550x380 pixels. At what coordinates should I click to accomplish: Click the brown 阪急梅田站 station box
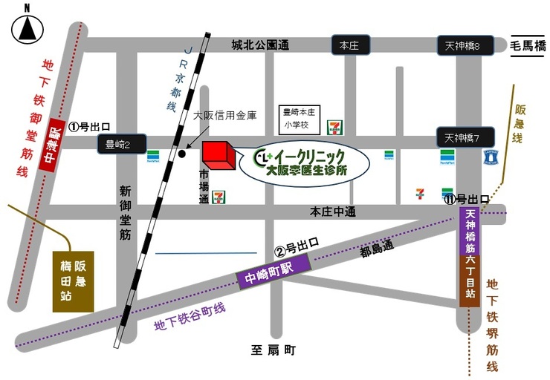pyautogui.click(x=73, y=281)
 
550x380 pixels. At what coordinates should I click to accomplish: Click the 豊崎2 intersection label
pyautogui.click(x=118, y=145)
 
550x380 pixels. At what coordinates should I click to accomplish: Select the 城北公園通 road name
pyautogui.click(x=259, y=46)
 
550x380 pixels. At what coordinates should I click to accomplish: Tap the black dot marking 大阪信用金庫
pyautogui.click(x=182, y=154)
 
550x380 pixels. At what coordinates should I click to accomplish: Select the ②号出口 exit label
pyautogui.click(x=297, y=245)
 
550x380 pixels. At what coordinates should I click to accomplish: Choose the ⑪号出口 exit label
pyautogui.click(x=466, y=199)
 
